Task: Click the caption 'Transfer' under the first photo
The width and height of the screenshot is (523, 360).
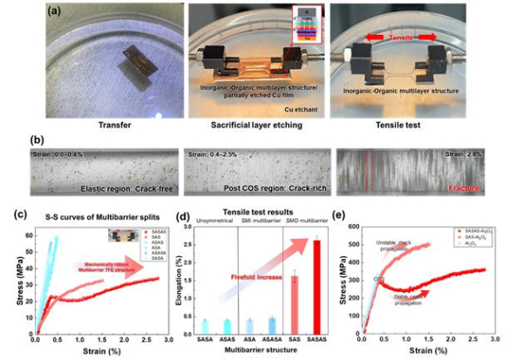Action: [x=87, y=124]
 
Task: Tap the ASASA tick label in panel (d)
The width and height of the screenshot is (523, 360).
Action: [x=272, y=340]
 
